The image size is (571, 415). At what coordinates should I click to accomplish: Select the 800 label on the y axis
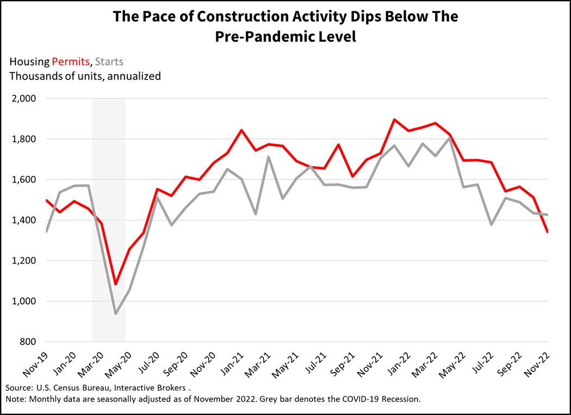[x=26, y=342]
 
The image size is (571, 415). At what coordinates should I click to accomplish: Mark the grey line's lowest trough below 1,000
[x=115, y=314]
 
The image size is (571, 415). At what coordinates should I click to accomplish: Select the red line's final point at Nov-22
[x=548, y=232]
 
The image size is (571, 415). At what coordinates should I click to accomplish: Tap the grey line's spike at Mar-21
[x=269, y=157]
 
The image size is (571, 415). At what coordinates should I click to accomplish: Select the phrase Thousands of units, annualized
[x=85, y=76]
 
